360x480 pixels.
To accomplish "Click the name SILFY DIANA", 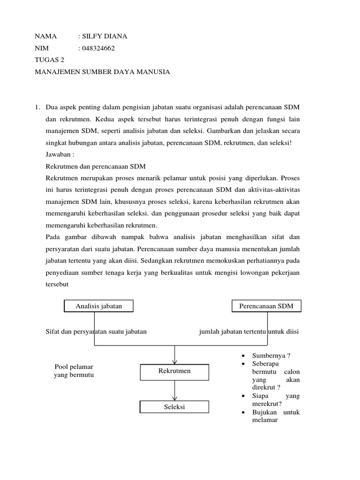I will click(105, 36).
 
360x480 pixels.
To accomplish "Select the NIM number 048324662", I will click(98, 48).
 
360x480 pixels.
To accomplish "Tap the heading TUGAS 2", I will click(50, 60).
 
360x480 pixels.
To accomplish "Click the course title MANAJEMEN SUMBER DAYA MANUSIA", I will click(102, 72).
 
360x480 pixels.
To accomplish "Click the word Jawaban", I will click(60, 154).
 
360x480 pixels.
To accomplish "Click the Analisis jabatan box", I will click(98, 306).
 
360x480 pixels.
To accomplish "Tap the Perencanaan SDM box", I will click(266, 306).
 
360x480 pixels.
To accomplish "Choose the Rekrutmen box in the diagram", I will click(174, 371).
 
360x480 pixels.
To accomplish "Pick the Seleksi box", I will click(174, 407).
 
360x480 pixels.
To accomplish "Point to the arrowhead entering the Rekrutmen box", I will click(175, 361).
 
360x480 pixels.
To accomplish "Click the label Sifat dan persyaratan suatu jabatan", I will click(96, 331).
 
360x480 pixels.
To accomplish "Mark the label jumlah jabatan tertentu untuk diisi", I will click(249, 331).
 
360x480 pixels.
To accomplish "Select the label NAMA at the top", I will click(45, 36).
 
